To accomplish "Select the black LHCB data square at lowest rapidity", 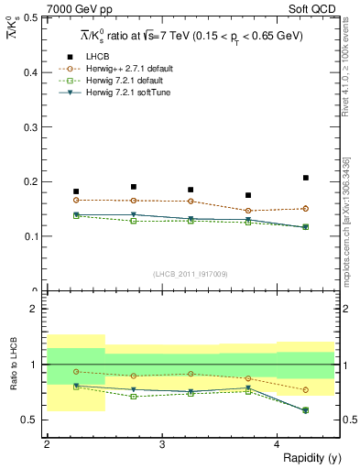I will coord(76,191).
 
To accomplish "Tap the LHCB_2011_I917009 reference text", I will coord(191,274).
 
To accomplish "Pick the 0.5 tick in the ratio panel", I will coord(32,420).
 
